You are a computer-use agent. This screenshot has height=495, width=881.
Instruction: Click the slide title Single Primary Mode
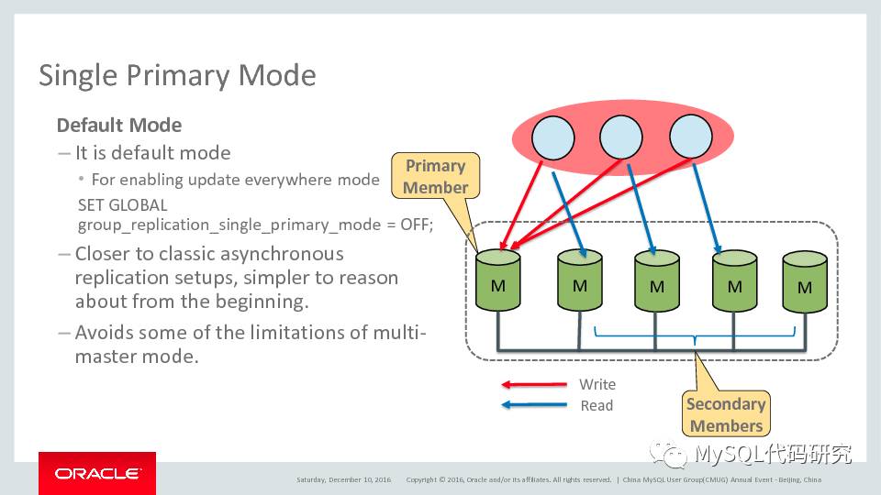(x=177, y=75)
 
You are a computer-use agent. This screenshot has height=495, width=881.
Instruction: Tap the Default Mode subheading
(x=119, y=125)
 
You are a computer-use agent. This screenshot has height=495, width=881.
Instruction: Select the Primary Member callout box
(x=435, y=176)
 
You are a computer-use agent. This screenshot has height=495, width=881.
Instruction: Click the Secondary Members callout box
(x=726, y=414)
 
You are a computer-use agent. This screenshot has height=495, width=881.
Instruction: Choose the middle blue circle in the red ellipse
(x=621, y=137)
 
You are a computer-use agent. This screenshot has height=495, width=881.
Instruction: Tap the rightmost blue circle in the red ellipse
(x=691, y=137)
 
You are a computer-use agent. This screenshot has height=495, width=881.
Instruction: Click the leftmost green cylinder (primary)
(x=498, y=281)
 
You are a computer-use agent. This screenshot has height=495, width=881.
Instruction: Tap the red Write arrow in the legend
(x=533, y=385)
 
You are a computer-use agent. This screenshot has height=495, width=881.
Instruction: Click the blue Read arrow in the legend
(x=533, y=405)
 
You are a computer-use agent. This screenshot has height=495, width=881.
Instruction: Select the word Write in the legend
(x=597, y=385)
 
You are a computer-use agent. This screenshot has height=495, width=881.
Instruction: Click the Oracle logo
(x=97, y=474)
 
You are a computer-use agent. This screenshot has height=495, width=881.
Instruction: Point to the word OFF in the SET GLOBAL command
(x=415, y=224)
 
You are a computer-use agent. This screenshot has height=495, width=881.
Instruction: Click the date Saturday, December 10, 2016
(x=343, y=479)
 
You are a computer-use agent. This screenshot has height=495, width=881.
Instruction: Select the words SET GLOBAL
(x=123, y=205)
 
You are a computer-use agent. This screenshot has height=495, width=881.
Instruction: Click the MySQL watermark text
(x=772, y=453)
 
